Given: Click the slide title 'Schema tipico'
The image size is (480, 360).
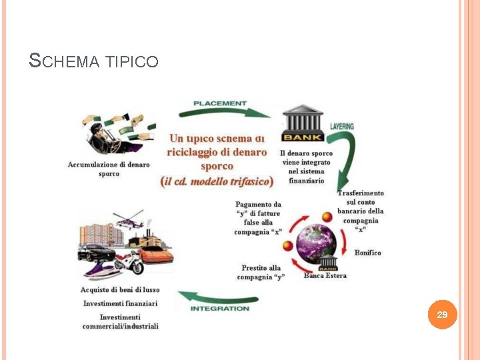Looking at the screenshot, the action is tap(94, 61).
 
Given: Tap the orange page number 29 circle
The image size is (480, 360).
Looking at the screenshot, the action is tap(442, 314).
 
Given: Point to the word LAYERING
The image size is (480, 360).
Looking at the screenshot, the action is tap(342, 126).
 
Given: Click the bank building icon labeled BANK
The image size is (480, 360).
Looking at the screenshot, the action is tap(303, 123).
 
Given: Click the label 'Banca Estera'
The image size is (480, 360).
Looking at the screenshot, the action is tap(325, 276).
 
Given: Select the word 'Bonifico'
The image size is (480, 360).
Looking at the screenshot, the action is tap(367, 253).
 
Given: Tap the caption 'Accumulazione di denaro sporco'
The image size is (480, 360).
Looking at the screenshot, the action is tap(109, 169).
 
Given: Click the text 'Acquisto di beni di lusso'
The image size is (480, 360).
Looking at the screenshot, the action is tap(120, 290).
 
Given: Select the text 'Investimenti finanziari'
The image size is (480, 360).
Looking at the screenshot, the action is tap(120, 303).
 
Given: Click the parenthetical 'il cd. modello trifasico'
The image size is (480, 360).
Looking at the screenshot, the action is tap(217, 181).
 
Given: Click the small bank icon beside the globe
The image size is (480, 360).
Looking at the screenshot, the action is tap(327, 263).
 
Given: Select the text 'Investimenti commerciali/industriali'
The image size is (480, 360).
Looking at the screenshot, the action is tap(121, 321).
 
